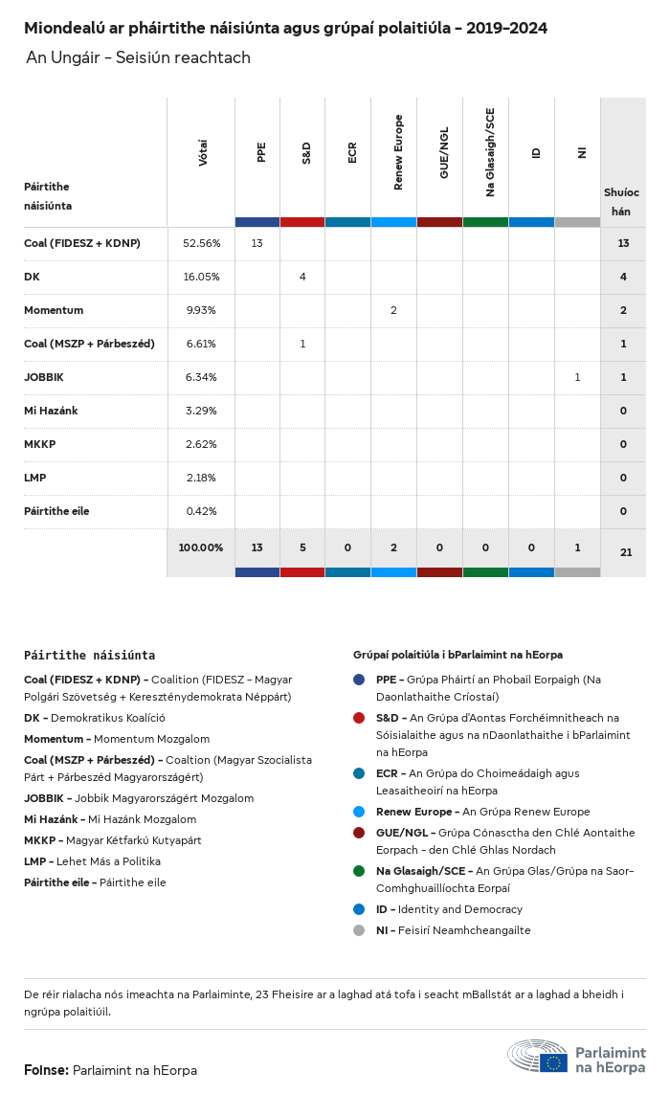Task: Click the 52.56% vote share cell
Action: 201,243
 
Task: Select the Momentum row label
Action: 54,310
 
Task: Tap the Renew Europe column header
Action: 398,152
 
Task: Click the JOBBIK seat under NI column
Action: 577,377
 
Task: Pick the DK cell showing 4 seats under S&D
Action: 302,277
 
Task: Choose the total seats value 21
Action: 623,552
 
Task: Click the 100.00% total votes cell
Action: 201,547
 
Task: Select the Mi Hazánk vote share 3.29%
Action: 201,411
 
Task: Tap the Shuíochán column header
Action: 622,201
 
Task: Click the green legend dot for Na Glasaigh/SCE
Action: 359,871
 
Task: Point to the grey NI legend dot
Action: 359,930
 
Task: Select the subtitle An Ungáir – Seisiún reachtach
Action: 138,57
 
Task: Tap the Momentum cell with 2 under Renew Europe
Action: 393,310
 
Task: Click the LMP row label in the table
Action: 35,478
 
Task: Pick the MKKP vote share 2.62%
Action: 201,444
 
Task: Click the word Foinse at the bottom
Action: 46,1070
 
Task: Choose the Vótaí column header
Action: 202,153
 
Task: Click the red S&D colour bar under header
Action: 302,222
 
